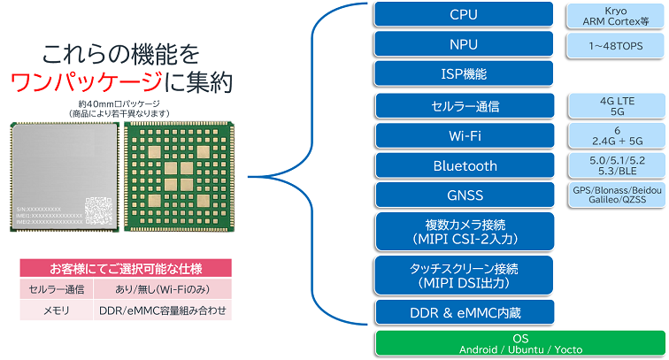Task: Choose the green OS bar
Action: pyautogui.click(x=519, y=343)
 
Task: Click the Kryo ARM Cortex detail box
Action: pyautogui.click(x=615, y=14)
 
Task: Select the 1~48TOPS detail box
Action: pyautogui.click(x=615, y=43)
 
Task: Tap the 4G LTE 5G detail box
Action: pyautogui.click(x=615, y=106)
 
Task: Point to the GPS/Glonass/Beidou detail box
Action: pyautogui.click(x=615, y=195)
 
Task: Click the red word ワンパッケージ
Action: pyautogui.click(x=87, y=83)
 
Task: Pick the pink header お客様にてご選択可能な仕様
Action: pyautogui.click(x=125, y=267)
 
